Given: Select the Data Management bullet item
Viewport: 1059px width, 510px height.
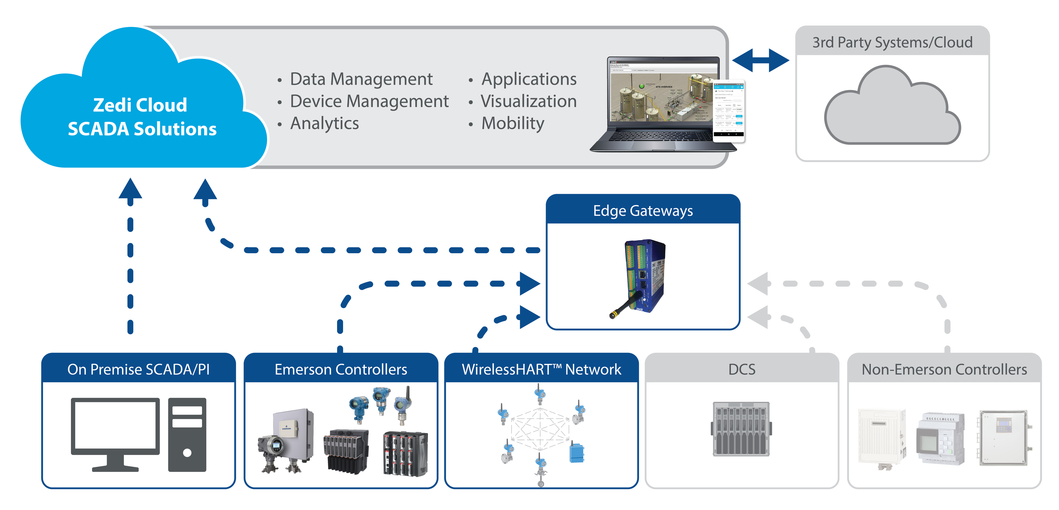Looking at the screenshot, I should pyautogui.click(x=361, y=79).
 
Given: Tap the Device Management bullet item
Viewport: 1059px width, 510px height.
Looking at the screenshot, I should pyautogui.click(x=369, y=101).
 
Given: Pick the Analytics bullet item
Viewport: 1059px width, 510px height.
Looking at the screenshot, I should pyautogui.click(x=324, y=123).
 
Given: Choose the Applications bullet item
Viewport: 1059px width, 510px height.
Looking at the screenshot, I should pyautogui.click(x=529, y=79).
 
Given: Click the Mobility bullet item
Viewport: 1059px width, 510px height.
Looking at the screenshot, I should pyautogui.click(x=513, y=123).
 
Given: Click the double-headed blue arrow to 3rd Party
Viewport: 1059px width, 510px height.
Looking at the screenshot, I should pyautogui.click(x=761, y=60).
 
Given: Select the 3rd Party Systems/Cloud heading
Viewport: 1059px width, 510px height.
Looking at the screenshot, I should pyautogui.click(x=892, y=42).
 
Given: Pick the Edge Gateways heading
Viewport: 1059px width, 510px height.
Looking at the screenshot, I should pyautogui.click(x=643, y=211).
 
